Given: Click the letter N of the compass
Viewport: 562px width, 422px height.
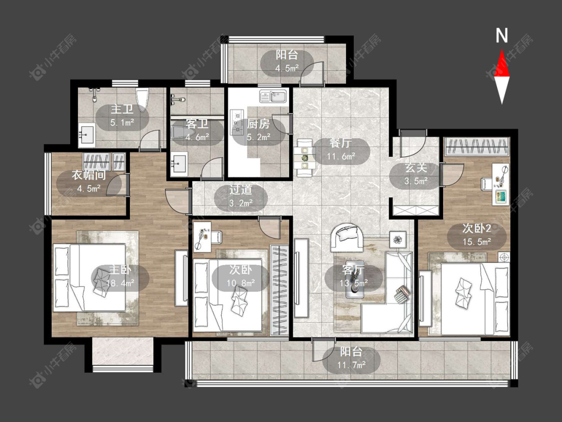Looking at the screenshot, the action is pos(502,35).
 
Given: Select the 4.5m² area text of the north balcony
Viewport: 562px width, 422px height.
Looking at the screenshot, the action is pos(287,68).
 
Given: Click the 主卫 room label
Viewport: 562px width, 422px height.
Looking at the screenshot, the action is pos(122,109).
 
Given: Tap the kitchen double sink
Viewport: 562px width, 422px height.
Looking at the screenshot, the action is pos(273,96).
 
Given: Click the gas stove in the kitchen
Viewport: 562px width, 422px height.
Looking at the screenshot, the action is pos(237,122).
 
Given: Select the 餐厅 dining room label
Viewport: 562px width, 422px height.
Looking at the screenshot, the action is pos(341,143).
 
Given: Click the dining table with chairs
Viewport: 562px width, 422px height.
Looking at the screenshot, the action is pos(305,157).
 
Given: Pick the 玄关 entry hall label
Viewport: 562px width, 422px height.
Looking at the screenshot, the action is pos(416,168).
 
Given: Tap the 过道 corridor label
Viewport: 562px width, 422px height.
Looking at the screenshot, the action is pos(241,190).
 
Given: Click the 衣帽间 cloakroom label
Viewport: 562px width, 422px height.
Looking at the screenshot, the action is pos(88,175).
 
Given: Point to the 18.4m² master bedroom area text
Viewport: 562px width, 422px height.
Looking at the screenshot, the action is pos(120,283).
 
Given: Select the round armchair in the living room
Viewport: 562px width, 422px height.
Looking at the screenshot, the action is pos(346,237).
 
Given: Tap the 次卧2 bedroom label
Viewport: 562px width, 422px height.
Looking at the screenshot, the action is pos(477,228).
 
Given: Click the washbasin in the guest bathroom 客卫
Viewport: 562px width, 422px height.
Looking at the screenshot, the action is pos(179,164).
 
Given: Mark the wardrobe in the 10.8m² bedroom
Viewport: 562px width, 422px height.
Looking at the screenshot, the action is pos(279,290).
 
